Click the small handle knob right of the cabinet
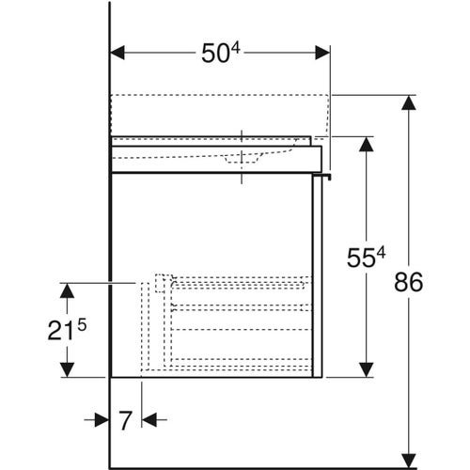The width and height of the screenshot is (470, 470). (x=328, y=175)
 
